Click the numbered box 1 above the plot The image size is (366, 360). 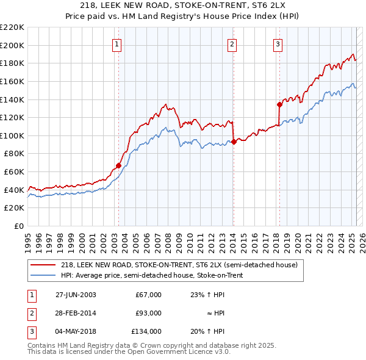coord(117,43)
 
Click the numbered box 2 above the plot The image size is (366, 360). coord(232,43)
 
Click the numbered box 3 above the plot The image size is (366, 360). coord(278,43)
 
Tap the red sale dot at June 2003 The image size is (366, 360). coord(118,165)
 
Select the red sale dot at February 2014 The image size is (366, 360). coord(234,142)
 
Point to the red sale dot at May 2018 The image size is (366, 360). coord(279,104)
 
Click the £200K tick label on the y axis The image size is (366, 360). coord(12,45)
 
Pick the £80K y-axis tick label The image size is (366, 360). coord(14,154)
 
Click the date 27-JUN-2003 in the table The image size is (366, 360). coord(76,295)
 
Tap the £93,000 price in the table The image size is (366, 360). coord(149,313)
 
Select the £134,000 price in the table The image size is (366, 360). coord(147,331)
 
